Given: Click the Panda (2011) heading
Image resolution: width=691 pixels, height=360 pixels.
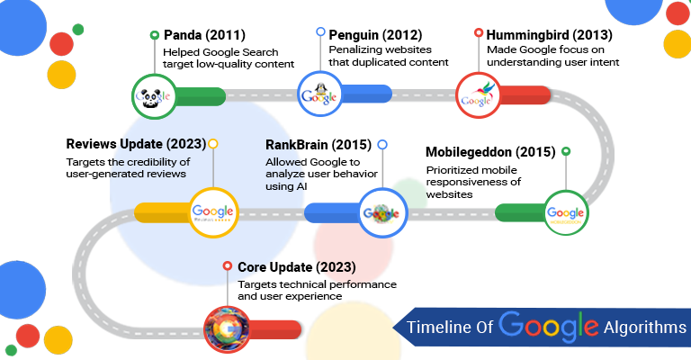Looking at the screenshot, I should (x=206, y=36).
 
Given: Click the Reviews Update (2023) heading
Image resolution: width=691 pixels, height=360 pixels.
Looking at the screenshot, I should (x=136, y=143).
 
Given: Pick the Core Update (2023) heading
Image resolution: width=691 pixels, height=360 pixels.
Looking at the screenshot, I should (x=297, y=267).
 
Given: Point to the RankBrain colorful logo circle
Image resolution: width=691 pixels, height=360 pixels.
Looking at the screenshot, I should (x=381, y=213).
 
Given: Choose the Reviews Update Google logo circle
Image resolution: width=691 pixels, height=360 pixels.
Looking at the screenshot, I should (x=212, y=212).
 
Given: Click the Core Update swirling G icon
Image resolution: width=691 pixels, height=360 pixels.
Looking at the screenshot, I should (x=228, y=326).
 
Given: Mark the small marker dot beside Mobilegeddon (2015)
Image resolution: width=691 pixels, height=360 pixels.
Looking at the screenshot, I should (x=566, y=151).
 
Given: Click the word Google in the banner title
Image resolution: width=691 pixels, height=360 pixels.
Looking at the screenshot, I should (x=548, y=325).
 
